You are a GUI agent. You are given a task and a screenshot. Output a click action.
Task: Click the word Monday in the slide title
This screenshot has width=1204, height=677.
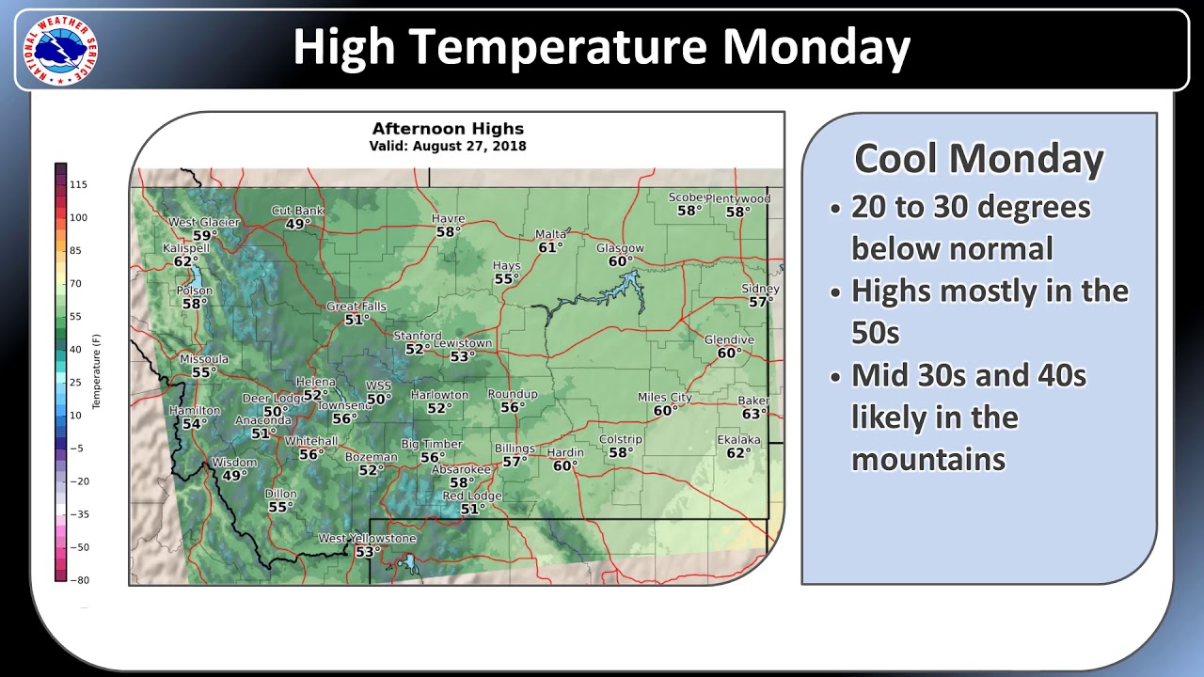click(x=817, y=47)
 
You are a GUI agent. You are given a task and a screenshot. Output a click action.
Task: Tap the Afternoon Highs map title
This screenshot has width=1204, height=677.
click(x=448, y=129)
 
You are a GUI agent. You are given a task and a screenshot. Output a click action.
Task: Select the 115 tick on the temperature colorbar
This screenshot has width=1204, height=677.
click(x=78, y=185)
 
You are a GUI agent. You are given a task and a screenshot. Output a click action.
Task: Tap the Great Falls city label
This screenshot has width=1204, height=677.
click(x=355, y=307)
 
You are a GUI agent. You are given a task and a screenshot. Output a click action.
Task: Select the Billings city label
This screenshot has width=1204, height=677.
click(x=514, y=449)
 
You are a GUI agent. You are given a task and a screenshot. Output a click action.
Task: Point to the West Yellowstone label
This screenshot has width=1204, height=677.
click(x=367, y=539)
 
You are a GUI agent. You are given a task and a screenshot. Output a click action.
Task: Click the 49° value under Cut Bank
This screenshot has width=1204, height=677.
click(x=298, y=224)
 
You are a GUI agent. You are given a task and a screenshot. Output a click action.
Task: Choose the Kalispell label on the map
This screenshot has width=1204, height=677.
click(x=186, y=248)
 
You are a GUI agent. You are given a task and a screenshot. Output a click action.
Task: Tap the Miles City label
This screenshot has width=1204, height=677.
click(x=664, y=398)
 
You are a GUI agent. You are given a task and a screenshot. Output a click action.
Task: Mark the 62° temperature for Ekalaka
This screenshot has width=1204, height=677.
click(x=739, y=453)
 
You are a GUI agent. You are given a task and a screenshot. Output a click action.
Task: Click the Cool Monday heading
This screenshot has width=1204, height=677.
click(x=978, y=159)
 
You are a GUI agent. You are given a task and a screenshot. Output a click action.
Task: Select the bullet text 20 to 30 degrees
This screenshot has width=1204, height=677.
click(x=971, y=207)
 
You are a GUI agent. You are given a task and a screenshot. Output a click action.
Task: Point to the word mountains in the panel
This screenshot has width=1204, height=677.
click(x=928, y=459)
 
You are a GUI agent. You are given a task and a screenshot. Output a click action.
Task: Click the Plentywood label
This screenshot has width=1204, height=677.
click(x=738, y=198)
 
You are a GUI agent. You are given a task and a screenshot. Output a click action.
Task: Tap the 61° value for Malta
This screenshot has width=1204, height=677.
click(x=550, y=247)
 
